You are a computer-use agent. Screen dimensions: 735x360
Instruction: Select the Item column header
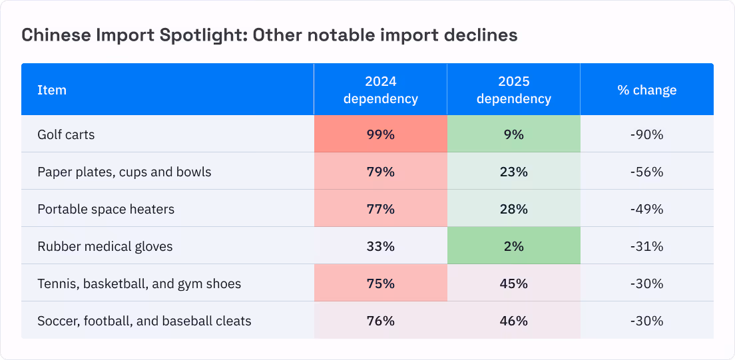point(52,90)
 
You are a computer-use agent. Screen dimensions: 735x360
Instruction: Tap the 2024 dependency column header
point(381,90)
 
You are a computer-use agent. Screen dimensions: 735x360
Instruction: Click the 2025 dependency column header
point(514,90)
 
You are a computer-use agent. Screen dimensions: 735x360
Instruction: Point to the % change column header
point(647,90)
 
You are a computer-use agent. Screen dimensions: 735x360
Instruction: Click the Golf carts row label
point(66,135)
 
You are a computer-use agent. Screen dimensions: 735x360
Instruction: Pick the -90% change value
point(647,135)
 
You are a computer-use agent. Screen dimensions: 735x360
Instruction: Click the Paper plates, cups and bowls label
point(124,172)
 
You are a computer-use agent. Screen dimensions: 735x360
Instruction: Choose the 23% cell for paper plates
point(514,172)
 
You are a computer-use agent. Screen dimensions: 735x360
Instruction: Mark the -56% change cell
point(647,172)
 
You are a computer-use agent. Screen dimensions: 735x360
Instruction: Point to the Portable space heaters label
point(106,209)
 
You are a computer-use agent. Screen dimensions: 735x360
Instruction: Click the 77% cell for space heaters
point(381,209)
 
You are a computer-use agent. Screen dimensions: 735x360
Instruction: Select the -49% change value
point(647,209)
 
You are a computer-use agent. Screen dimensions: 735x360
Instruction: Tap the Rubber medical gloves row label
point(105,246)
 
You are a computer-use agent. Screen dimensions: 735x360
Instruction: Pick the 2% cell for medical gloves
point(514,246)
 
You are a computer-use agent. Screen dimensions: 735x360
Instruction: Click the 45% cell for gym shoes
point(514,283)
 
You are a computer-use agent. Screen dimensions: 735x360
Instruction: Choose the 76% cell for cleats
point(381,321)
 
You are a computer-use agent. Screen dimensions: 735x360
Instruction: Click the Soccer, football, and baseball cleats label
point(144,321)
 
